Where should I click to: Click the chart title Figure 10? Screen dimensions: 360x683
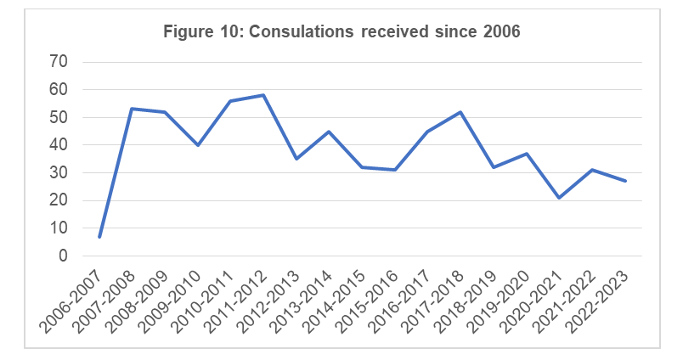click(341, 32)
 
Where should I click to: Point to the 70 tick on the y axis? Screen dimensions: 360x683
click(58, 61)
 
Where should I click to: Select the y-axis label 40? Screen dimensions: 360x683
click(58, 145)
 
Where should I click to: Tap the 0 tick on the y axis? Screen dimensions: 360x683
click(62, 256)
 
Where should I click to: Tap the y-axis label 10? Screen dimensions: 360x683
click(58, 228)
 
